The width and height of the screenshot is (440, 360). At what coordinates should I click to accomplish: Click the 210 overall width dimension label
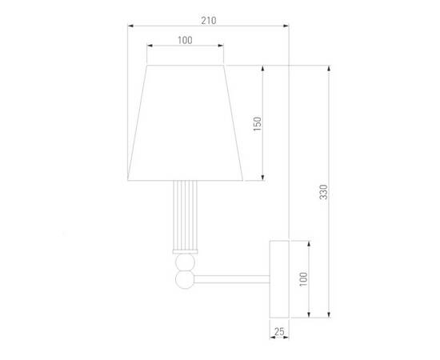[209, 21]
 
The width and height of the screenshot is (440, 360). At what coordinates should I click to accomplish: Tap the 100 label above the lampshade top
[185, 41]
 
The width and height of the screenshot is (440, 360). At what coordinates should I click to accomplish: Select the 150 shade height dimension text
[257, 124]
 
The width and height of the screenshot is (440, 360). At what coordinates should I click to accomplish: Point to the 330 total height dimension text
[323, 192]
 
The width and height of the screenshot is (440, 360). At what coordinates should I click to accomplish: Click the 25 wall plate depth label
[279, 332]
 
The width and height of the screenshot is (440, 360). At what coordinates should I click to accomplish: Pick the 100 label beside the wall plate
[303, 279]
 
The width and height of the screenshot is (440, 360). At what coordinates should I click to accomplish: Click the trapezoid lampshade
[186, 123]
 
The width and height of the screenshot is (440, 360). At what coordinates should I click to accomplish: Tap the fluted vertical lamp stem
[186, 214]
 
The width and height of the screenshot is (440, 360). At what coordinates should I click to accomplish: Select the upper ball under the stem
[185, 262]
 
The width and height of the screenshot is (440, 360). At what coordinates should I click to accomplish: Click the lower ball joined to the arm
[185, 279]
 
